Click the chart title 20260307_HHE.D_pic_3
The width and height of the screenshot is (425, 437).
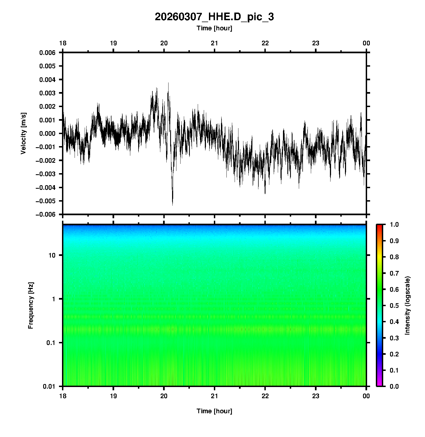coord(214,17)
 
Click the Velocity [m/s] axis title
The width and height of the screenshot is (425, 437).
coord(23,133)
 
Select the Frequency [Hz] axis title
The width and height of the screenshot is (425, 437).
coord(31,306)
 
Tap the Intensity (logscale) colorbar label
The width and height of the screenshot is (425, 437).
coord(408,305)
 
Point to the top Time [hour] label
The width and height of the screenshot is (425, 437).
coord(214,28)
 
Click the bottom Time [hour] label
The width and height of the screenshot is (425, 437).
coord(214,411)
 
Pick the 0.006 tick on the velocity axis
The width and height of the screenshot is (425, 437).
coord(47,53)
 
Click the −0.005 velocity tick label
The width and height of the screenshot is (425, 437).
coord(45,201)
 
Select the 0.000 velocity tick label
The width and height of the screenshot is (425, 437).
coord(47,134)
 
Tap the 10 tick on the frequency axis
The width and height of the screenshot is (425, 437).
coord(52,255)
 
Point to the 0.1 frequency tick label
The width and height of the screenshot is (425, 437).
coord(51,343)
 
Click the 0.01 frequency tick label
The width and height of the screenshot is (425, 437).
coord(49,386)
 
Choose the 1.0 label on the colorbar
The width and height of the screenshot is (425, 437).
coord(394,225)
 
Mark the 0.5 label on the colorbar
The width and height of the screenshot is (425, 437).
coord(394,306)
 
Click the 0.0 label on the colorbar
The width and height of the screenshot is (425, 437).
coord(394,386)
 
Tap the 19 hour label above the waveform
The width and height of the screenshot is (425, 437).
coord(113,43)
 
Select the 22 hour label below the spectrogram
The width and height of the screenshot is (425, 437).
coord(265,396)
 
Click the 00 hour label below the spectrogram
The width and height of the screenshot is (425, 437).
coord(366,396)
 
